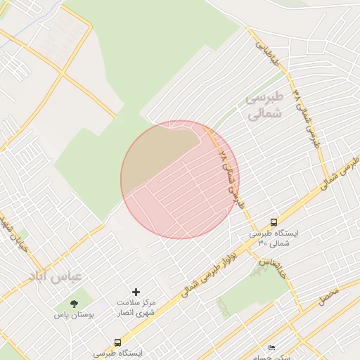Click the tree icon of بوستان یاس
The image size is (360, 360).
(x=75, y=304)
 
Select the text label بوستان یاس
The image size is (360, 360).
(x=73, y=315)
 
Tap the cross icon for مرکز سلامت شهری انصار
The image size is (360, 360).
(x=136, y=291)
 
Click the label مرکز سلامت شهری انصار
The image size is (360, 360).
(x=136, y=307)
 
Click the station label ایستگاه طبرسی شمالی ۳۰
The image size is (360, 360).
(x=274, y=238)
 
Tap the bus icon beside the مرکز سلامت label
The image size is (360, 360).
(x=117, y=342)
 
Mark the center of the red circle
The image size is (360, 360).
(x=180, y=179)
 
